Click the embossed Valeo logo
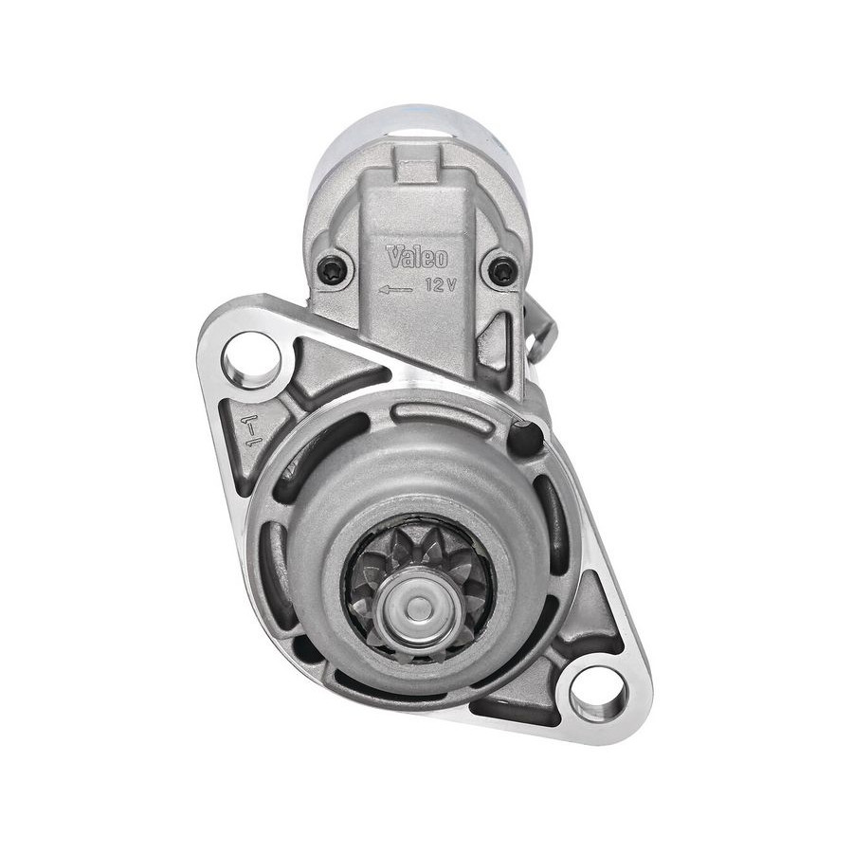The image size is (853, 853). pos(417,257)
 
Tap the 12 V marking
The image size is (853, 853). pos(441,284)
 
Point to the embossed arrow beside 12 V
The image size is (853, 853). pos(395,291)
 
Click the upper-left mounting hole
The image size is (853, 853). pos(251,360)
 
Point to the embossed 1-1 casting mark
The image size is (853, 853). pos(253,429)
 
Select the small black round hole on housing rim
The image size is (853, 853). pos(525,436)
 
